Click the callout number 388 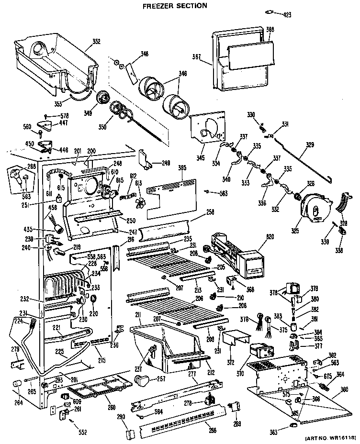[x=270, y=30]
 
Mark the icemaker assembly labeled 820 [x=235, y=254]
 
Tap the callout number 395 [x=181, y=168]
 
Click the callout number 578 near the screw [x=64, y=115]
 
